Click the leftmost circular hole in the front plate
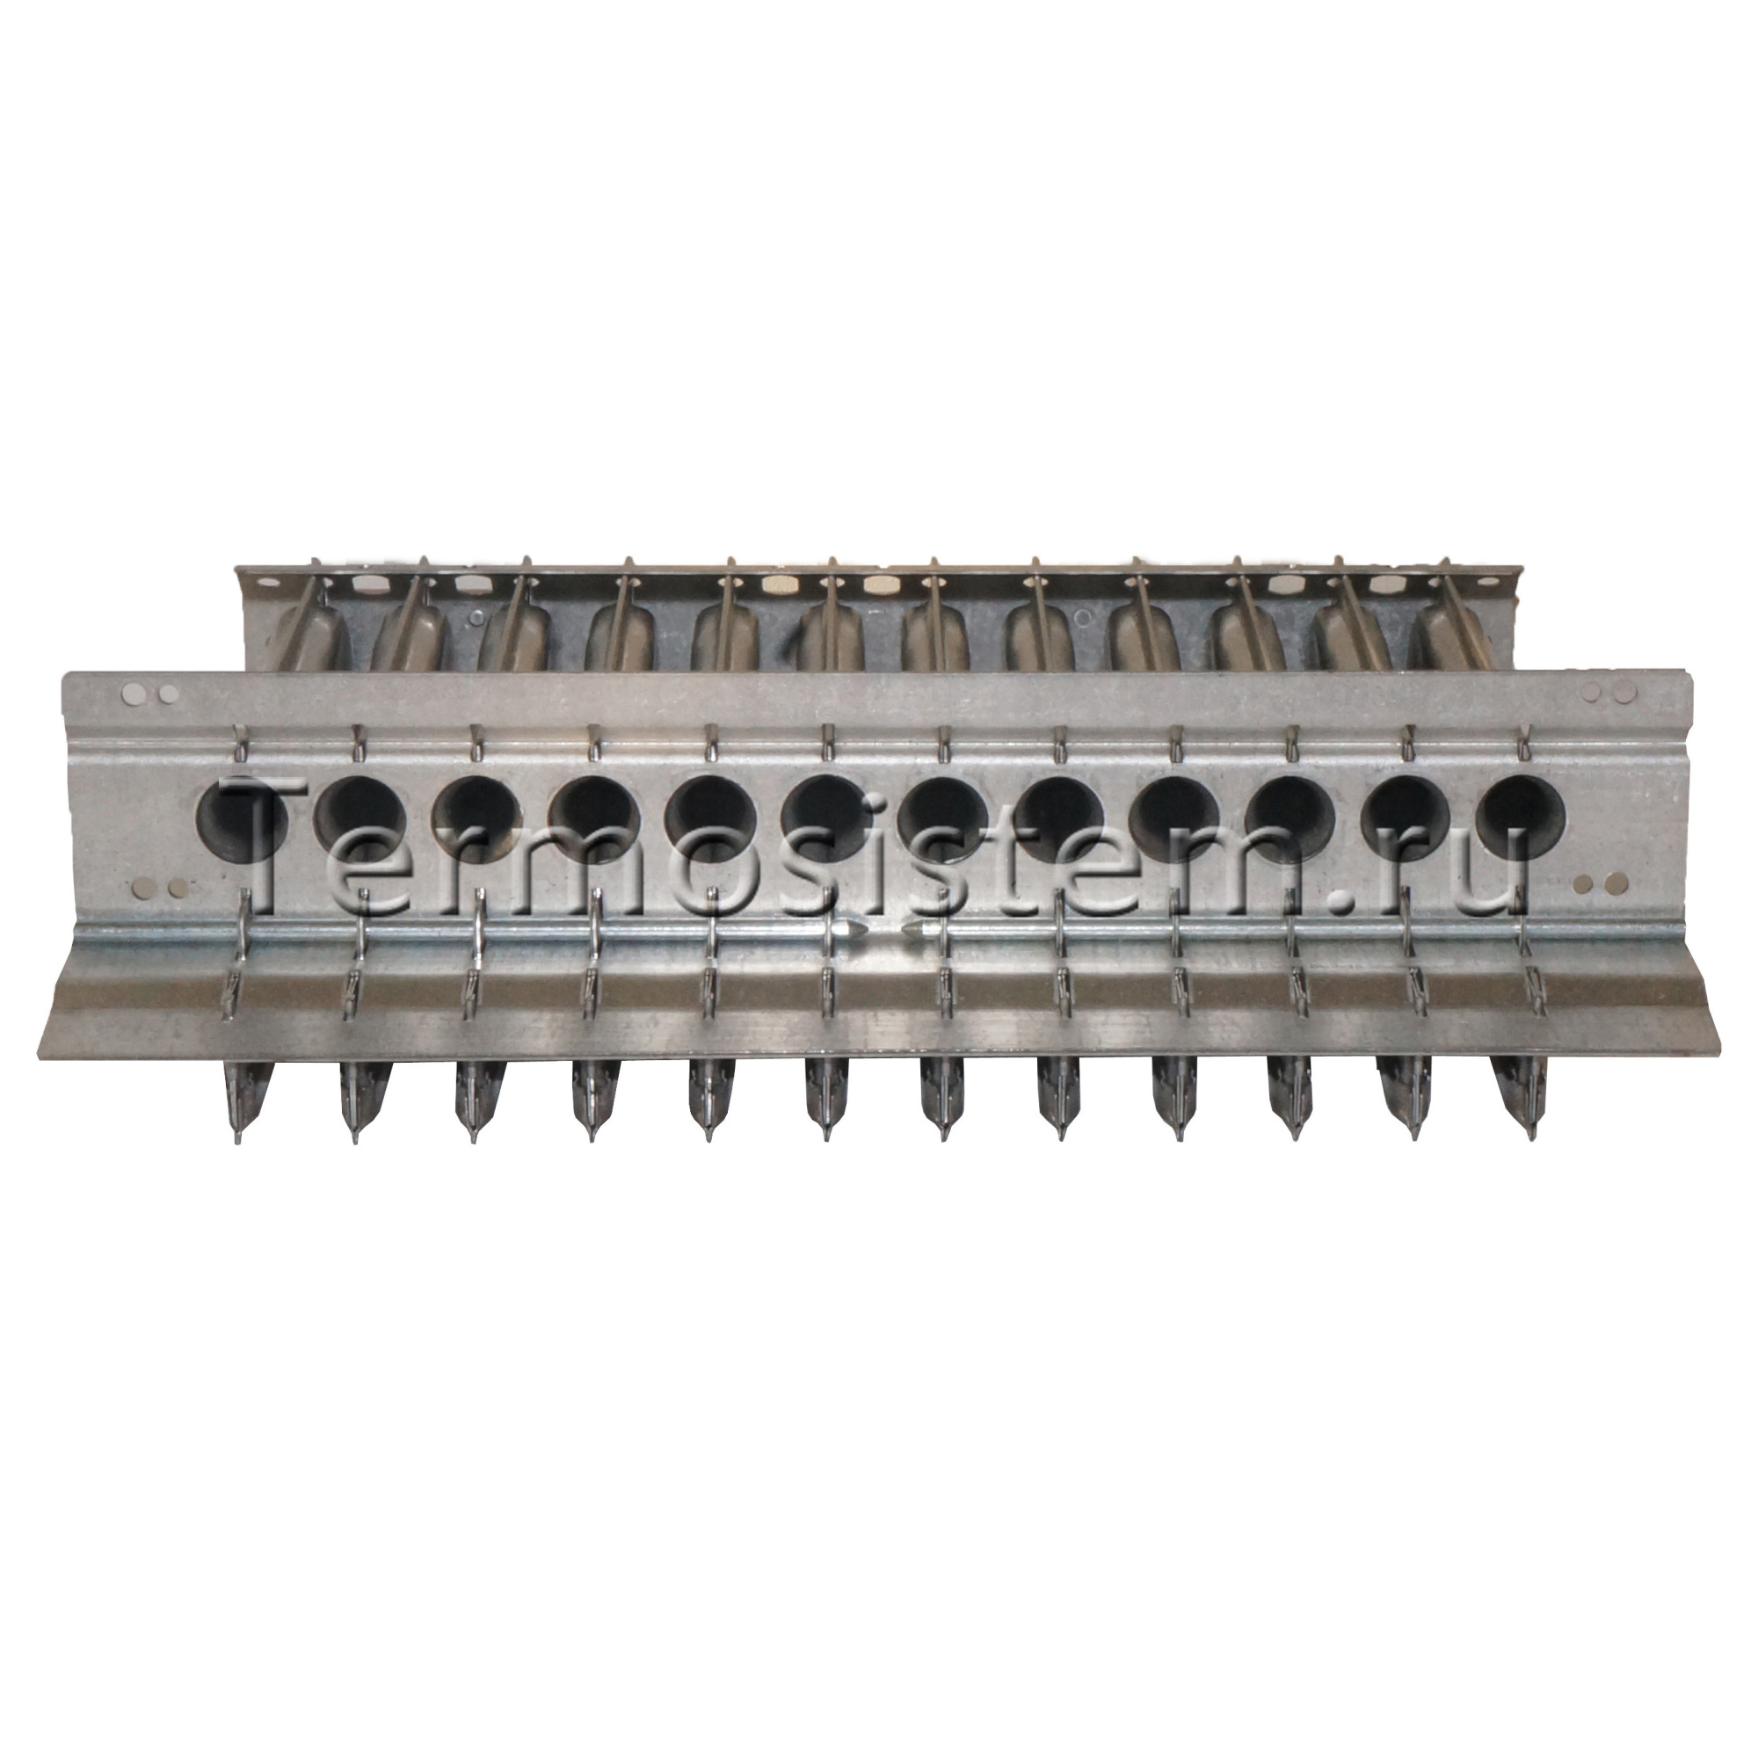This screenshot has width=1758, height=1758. (243, 817)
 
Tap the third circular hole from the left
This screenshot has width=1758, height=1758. (476, 817)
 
